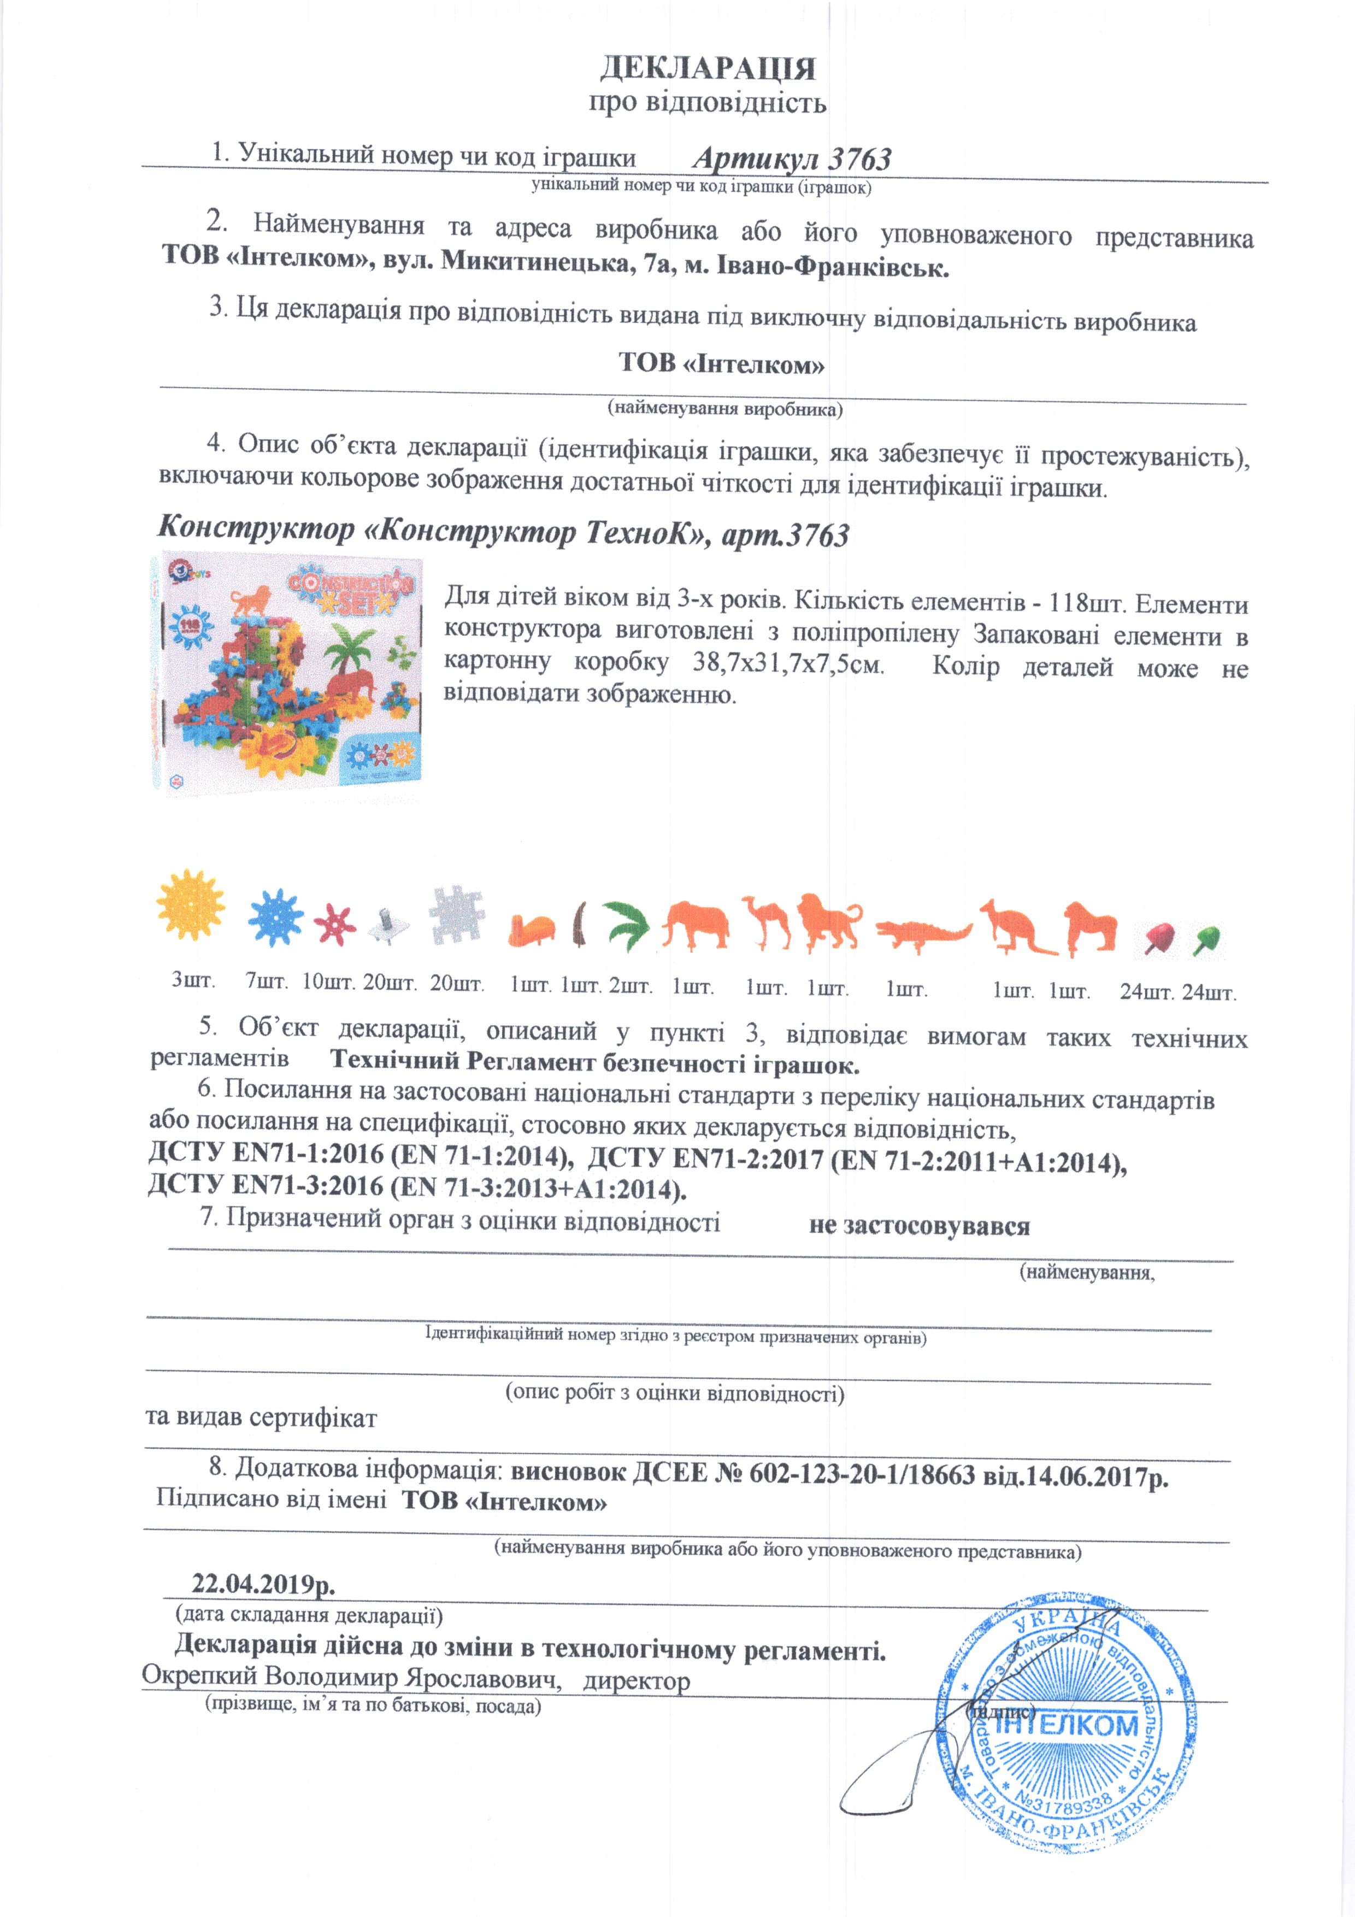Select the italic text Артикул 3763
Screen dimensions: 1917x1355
point(792,158)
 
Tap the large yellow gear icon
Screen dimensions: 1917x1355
point(190,905)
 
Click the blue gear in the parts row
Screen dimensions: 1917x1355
point(275,918)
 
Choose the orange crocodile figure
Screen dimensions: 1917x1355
point(922,931)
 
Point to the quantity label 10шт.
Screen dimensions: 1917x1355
point(328,983)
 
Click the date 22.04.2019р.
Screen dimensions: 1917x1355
point(263,1582)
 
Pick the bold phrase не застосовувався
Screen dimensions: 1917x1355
point(919,1226)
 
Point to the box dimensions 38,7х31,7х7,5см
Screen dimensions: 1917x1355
point(788,664)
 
